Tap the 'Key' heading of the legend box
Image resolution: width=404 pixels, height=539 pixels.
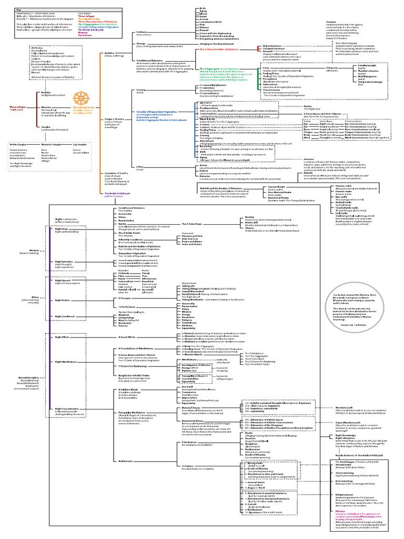coord(18,9)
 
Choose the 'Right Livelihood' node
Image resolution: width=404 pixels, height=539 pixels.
coord(65,316)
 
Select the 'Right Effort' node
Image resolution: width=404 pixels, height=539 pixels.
coord(62,336)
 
